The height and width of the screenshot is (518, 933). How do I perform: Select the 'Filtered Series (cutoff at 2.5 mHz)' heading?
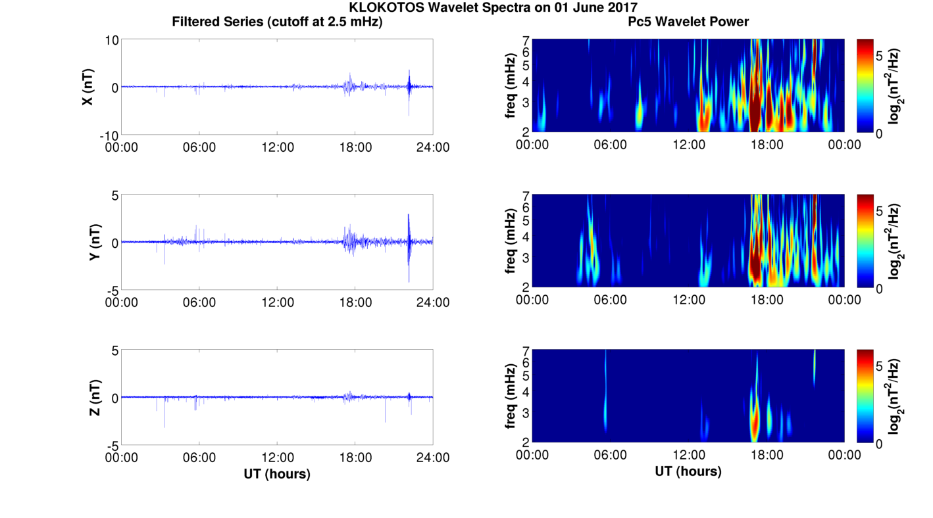[x=277, y=22]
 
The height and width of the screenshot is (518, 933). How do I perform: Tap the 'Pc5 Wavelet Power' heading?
[x=688, y=22]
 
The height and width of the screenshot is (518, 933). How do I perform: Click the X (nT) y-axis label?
[x=88, y=87]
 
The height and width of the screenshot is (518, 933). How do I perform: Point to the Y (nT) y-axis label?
[x=95, y=242]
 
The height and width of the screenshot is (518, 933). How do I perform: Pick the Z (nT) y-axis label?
[x=95, y=397]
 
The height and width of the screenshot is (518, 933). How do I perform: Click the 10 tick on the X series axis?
[x=112, y=40]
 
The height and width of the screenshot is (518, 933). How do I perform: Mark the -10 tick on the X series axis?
[x=109, y=135]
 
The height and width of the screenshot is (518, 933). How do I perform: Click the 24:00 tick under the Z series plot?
[x=433, y=458]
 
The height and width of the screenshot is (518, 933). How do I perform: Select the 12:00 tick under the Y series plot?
[x=278, y=302]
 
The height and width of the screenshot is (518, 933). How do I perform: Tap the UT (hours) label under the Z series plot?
[x=277, y=474]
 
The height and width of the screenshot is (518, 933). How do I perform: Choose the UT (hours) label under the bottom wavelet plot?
[x=688, y=471]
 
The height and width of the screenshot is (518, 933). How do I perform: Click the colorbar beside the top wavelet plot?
[x=865, y=85]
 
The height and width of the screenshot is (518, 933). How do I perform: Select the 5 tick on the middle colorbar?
[x=879, y=211]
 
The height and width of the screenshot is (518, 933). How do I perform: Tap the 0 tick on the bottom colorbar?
[x=879, y=444]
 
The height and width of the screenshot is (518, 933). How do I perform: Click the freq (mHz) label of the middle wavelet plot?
[x=511, y=241]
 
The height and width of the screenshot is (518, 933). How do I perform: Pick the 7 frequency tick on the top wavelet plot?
[x=526, y=41]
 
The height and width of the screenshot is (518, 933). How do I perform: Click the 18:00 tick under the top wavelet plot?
[x=767, y=145]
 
